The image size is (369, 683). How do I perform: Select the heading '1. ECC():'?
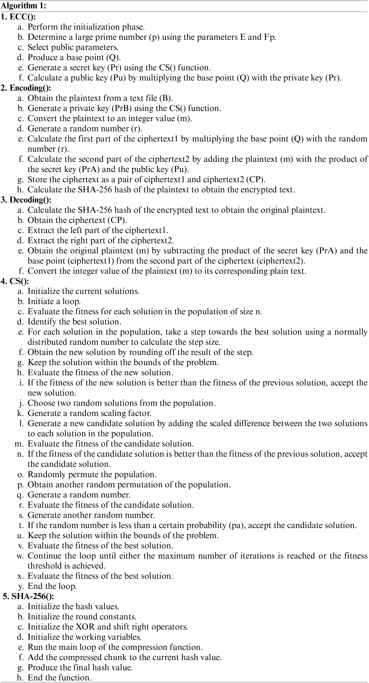[x=18, y=17]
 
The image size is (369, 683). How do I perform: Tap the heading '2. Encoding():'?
[x=26, y=88]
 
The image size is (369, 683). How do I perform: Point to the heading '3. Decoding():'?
[x=26, y=200]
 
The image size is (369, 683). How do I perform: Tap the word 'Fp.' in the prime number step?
[x=270, y=37]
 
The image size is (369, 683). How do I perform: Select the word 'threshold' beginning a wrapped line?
[x=44, y=566]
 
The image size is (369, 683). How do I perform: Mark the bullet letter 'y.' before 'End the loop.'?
[x=21, y=586]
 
